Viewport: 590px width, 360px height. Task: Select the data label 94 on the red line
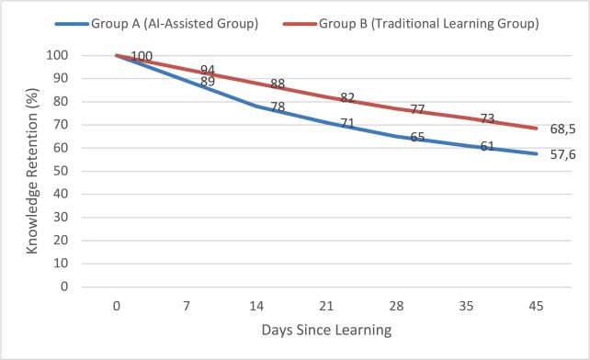(208, 71)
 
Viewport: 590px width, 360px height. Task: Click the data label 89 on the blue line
(208, 83)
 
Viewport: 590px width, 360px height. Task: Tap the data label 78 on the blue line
(278, 107)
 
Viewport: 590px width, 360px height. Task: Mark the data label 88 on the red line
(278, 84)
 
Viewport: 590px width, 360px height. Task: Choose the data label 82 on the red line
(347, 98)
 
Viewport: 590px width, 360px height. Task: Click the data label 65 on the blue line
(417, 137)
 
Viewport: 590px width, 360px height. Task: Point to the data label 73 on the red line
(487, 119)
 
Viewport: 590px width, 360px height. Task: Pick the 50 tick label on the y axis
(61, 171)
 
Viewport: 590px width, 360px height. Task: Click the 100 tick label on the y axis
(57, 55)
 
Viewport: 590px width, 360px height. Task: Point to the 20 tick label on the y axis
(61, 240)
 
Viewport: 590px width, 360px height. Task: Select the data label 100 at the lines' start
(142, 57)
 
